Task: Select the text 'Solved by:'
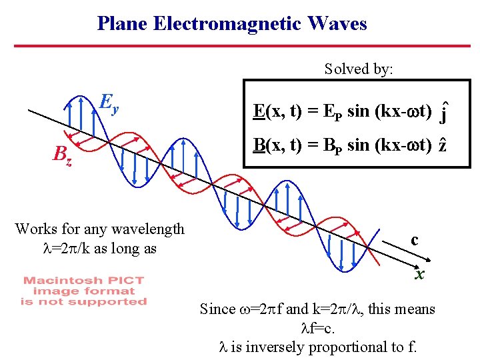tap(359, 69)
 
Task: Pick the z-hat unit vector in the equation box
tap(442, 146)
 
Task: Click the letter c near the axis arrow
tap(414, 239)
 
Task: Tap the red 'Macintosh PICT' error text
tap(83, 281)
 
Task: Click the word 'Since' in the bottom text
tap(217, 309)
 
